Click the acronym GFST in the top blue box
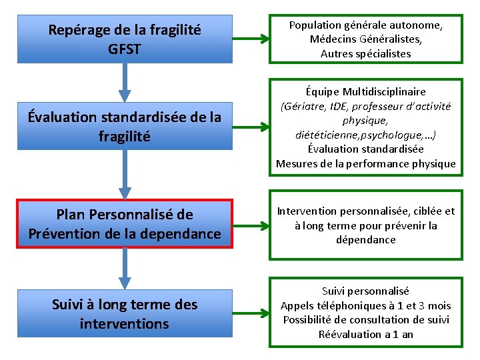point(124,49)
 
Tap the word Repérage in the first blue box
point(78,30)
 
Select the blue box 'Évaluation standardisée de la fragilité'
point(124,127)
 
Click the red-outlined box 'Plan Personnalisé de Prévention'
point(124,224)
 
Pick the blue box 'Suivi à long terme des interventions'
point(124,314)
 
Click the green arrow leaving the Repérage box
point(251,39)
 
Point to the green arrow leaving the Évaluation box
point(251,127)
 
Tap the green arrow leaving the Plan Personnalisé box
point(251,224)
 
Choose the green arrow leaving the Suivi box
point(251,314)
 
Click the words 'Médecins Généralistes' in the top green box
point(365,39)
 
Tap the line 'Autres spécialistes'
point(365,53)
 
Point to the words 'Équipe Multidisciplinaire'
point(365,91)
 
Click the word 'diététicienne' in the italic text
point(327,135)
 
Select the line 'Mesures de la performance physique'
point(365,163)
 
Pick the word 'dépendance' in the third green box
point(365,240)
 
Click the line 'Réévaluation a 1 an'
point(365,334)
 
